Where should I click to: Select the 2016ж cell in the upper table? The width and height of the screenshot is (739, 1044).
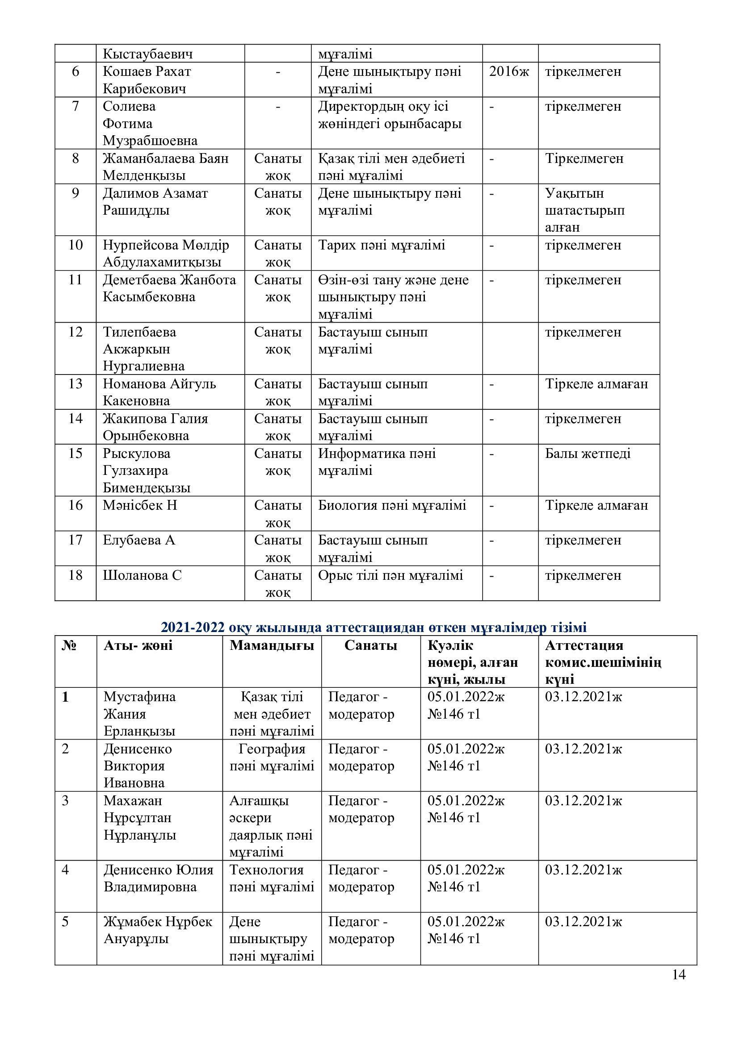[x=509, y=72]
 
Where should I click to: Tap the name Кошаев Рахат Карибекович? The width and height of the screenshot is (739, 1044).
[x=147, y=79]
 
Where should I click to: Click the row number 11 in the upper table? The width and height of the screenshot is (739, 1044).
[x=75, y=280]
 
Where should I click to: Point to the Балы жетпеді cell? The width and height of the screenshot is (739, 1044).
[x=588, y=453]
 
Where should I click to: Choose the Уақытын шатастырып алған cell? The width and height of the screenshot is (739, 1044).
[x=585, y=210]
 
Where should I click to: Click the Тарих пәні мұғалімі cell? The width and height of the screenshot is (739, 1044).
[x=381, y=245]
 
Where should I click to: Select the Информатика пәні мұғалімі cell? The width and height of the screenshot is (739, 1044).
[x=377, y=462]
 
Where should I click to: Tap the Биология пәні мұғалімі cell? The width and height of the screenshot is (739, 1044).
[x=392, y=505]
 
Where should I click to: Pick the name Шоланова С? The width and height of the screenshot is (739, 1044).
[x=142, y=575]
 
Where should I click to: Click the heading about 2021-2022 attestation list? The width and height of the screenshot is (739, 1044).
[x=374, y=627]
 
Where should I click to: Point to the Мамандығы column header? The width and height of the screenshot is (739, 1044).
[x=272, y=645]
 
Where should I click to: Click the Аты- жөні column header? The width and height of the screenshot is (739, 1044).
[x=138, y=645]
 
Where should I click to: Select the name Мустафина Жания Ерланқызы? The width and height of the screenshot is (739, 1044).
[x=140, y=714]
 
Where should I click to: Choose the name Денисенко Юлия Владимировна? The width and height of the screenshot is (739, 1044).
[x=158, y=878]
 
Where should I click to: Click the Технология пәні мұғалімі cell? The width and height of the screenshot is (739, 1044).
[x=272, y=878]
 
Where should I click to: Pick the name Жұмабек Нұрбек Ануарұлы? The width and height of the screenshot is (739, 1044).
[x=157, y=930]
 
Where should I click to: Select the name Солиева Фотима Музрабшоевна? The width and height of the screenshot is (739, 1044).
[x=150, y=123]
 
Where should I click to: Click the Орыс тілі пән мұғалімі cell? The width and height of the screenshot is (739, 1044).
[x=390, y=575]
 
